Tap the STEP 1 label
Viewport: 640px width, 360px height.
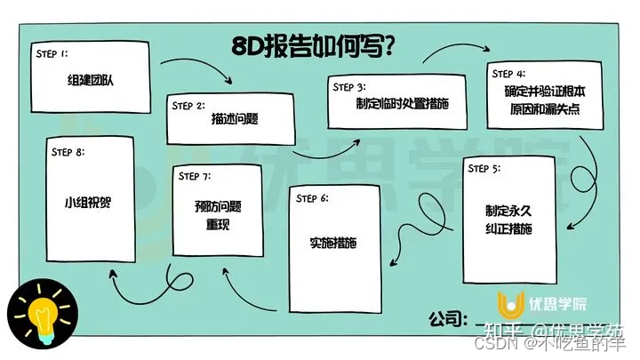pyautogui.click(x=52, y=53)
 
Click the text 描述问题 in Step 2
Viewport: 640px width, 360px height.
pyautogui.click(x=235, y=119)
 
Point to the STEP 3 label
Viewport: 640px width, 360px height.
pyautogui.click(x=348, y=87)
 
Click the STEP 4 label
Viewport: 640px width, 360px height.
pyautogui.click(x=508, y=73)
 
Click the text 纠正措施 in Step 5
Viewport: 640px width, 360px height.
pyautogui.click(x=508, y=228)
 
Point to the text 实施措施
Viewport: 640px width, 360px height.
pyautogui.click(x=332, y=244)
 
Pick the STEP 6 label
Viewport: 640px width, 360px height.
pyautogui.click(x=314, y=197)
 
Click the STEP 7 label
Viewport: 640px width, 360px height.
pyautogui.click(x=195, y=175)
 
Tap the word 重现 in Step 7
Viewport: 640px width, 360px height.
pyautogui.click(x=218, y=225)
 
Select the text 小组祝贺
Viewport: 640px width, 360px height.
pyautogui.click(x=93, y=200)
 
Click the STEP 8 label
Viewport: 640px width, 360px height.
pyautogui.click(x=68, y=152)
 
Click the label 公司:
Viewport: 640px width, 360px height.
pyautogui.click(x=447, y=317)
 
